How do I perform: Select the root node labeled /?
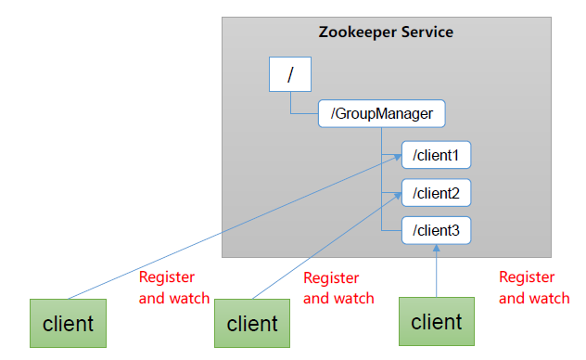pos(290,74)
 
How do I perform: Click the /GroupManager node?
pos(381,115)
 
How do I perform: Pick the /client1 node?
pos(437,154)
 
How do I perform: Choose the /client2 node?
pos(437,193)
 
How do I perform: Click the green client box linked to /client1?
pos(67,324)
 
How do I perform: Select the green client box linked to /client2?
pos(252,324)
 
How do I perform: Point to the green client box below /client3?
pos(436,322)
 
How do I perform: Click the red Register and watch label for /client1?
pos(174,287)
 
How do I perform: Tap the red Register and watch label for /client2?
pos(338,288)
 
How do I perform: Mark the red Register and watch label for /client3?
pos(534,287)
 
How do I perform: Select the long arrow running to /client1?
pos(232,229)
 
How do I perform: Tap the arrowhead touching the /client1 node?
pos(395,161)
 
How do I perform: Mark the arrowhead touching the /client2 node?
pos(397,198)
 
